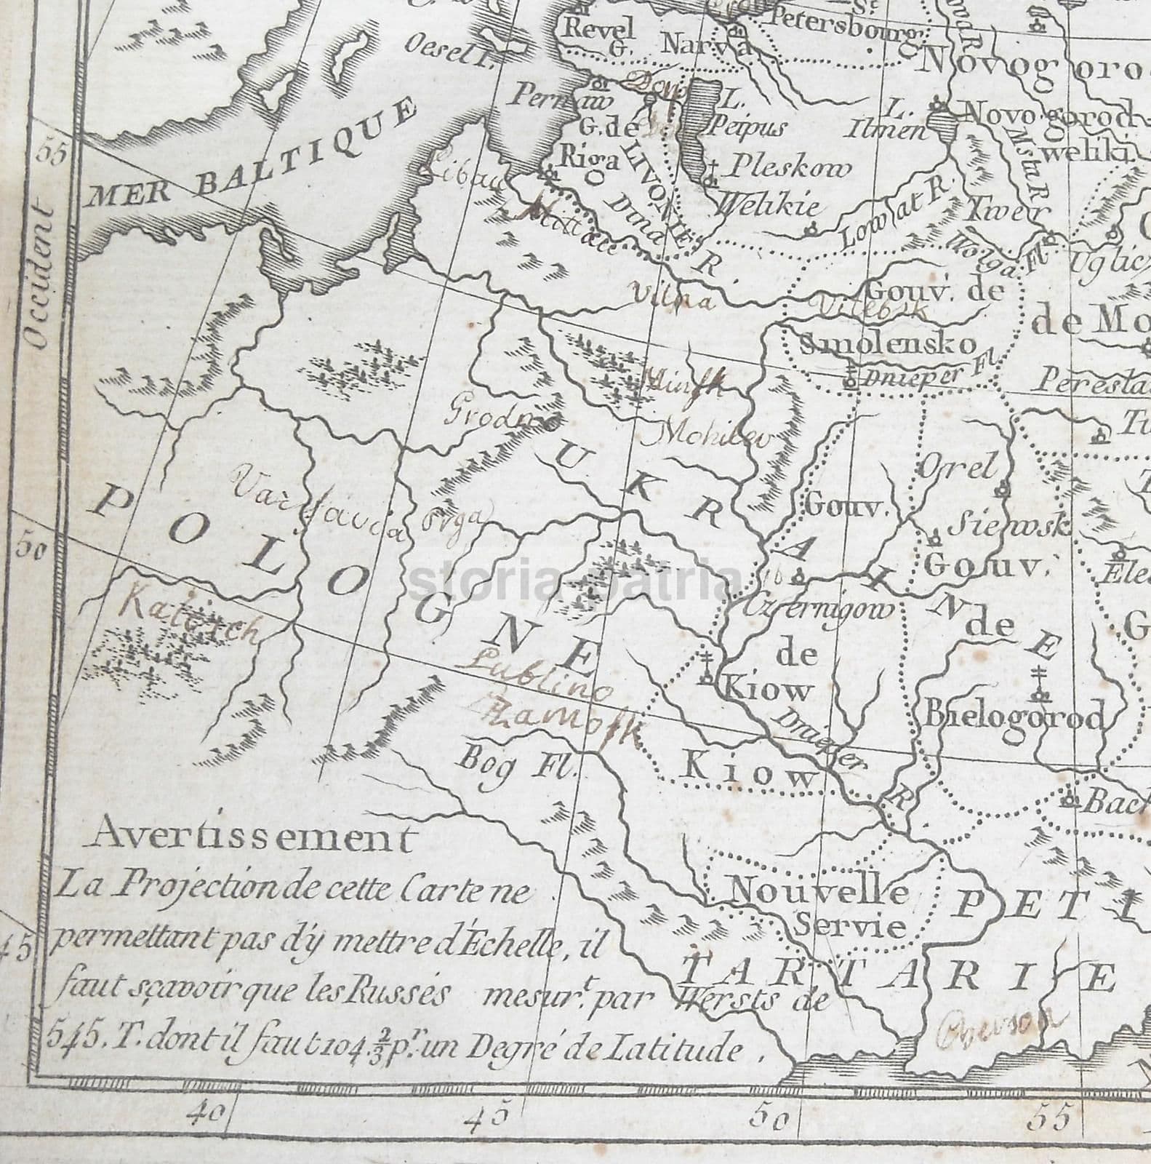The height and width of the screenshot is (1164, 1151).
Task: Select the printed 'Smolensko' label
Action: pos(887,343)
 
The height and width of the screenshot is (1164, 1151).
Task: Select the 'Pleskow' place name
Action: pos(789,169)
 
